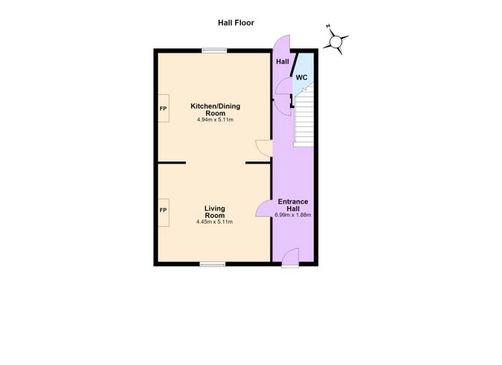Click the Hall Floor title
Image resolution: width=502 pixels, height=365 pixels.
click(236, 23)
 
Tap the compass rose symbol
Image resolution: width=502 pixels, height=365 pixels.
click(336, 42)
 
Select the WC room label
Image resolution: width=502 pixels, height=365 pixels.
click(301, 77)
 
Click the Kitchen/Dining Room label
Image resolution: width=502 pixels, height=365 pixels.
click(215, 110)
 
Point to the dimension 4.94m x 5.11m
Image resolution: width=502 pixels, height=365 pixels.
click(215, 120)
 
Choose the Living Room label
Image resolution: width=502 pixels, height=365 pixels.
click(215, 212)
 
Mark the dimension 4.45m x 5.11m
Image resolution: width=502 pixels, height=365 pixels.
click(214, 222)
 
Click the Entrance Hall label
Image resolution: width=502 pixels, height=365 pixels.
click(293, 205)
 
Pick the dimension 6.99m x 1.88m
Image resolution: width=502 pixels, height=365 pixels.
click(293, 215)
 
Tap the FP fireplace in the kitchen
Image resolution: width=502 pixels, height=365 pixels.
click(164, 108)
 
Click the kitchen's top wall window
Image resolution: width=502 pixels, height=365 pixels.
click(214, 50)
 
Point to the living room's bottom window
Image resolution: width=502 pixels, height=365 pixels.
click(212, 264)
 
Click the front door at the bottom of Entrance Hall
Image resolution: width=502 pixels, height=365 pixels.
click(290, 257)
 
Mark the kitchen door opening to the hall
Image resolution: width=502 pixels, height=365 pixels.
click(264, 148)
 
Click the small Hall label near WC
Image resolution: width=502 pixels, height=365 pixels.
click(283, 62)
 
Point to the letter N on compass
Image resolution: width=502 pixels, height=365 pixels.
click(328, 27)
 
